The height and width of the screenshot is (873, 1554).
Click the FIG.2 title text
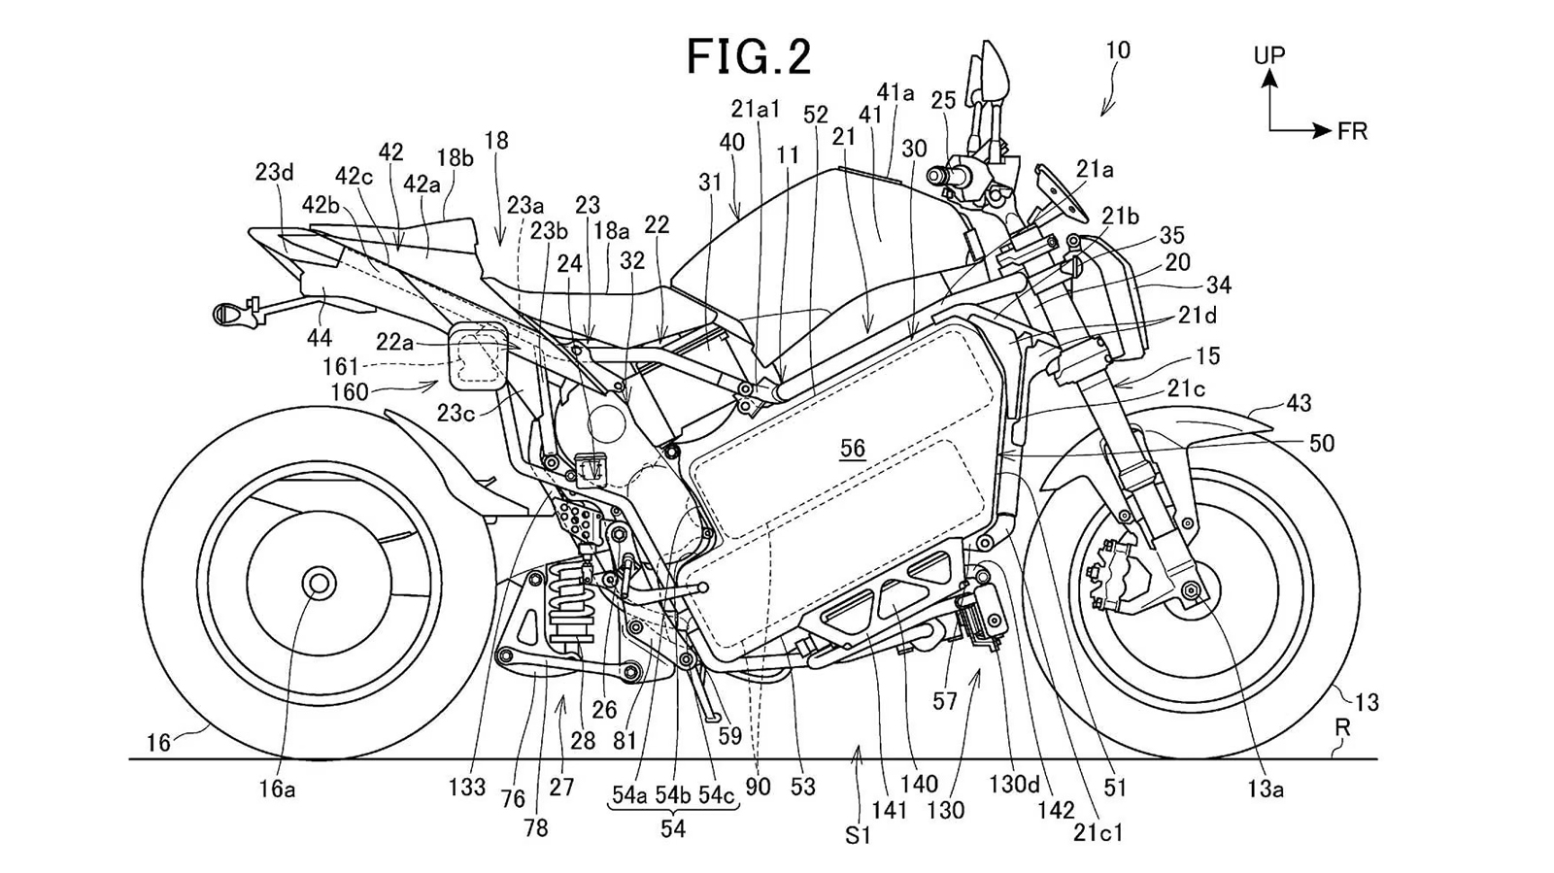[x=748, y=56]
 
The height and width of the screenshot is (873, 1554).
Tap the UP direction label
[x=1268, y=55]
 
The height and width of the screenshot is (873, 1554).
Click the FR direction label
[x=1352, y=131]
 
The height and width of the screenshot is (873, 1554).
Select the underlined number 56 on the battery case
[x=853, y=448]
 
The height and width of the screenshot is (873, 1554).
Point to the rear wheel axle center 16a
[x=317, y=584]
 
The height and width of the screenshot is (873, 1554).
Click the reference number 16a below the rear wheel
[x=276, y=789]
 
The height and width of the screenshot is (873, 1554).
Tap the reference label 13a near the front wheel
[x=1266, y=789]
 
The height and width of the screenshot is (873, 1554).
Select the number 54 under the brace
[x=672, y=828]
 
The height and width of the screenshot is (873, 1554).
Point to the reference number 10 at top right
[x=1117, y=50]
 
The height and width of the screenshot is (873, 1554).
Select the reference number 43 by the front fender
[x=1299, y=402]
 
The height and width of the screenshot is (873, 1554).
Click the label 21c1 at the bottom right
[x=1098, y=833]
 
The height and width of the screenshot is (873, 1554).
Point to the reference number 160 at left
[x=350, y=391]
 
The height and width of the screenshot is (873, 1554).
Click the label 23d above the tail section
[x=274, y=172]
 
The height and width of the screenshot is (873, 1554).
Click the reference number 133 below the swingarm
[x=466, y=788]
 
